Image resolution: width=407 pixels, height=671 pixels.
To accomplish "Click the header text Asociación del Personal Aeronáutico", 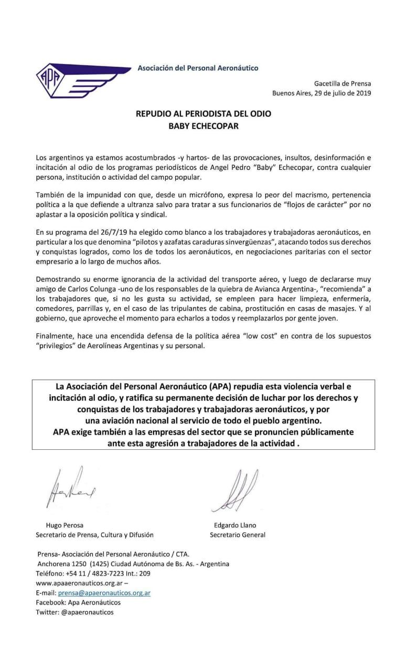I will [198, 68].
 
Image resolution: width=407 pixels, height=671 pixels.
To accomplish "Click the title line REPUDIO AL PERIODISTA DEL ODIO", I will [205, 114].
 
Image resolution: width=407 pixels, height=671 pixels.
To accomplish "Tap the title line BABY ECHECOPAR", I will [205, 126].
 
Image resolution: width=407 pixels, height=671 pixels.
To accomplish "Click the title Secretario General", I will [238, 535].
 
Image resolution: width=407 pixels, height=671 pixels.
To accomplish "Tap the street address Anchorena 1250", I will [61, 564].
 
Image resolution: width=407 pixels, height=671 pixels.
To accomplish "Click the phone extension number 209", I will [145, 573].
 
